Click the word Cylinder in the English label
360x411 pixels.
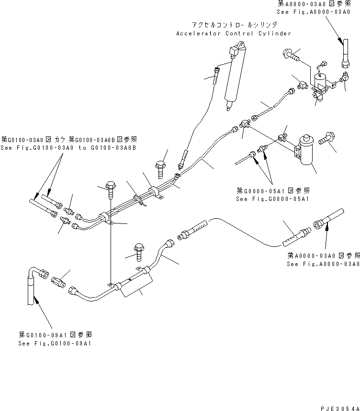coord(274,33)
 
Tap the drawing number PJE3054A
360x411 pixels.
coord(340,408)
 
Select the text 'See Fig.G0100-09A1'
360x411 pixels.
coord(55,343)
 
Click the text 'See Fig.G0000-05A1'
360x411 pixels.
coord(272,199)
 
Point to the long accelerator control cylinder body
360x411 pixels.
coord(235,75)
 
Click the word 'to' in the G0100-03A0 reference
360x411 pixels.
coord(82,147)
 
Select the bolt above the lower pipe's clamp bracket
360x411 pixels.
coord(139,252)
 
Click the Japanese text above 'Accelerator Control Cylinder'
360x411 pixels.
coord(234,25)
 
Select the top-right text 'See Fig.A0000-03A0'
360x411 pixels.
coord(314,12)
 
